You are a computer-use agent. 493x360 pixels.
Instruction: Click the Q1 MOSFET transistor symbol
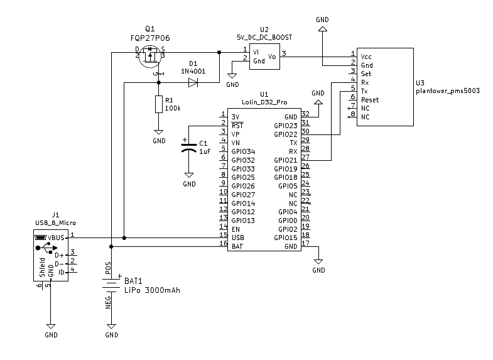pyautogui.click(x=150, y=57)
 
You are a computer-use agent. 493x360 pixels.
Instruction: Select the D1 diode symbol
pyautogui.click(x=193, y=83)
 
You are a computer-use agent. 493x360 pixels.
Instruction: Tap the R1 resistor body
pyautogui.click(x=159, y=104)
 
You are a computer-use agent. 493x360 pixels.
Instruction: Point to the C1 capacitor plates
pyautogui.click(x=188, y=148)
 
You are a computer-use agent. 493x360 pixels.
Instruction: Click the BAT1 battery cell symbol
pyautogui.click(x=111, y=285)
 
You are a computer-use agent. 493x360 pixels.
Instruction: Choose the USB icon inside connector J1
pyautogui.click(x=46, y=248)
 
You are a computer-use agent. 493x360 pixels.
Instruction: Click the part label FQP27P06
pyautogui.click(x=150, y=38)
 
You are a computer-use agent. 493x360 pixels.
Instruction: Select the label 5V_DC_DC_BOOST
pyautogui.click(x=264, y=38)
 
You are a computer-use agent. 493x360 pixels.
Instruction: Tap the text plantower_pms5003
pyautogui.click(x=448, y=91)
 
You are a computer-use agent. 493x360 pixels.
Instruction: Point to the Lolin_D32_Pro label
pyautogui.click(x=264, y=102)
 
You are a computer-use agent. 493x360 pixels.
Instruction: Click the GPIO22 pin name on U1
pyautogui.click(x=286, y=134)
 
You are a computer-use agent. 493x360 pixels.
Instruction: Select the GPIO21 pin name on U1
pyautogui.click(x=286, y=160)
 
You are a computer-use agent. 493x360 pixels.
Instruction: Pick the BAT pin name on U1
pyautogui.click(x=237, y=246)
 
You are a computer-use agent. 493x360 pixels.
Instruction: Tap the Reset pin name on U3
pyautogui.click(x=370, y=100)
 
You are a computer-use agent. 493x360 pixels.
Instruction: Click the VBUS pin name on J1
pyautogui.click(x=56, y=237)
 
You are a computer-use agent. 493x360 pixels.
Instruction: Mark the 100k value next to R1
pyautogui.click(x=173, y=109)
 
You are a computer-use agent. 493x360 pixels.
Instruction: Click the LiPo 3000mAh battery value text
pyautogui.click(x=152, y=290)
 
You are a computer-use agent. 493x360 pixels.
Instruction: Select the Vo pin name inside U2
pyautogui.click(x=272, y=57)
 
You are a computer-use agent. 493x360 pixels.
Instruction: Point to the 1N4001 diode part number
pyautogui.click(x=193, y=72)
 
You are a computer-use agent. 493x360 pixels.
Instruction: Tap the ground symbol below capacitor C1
pyautogui.click(x=189, y=175)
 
